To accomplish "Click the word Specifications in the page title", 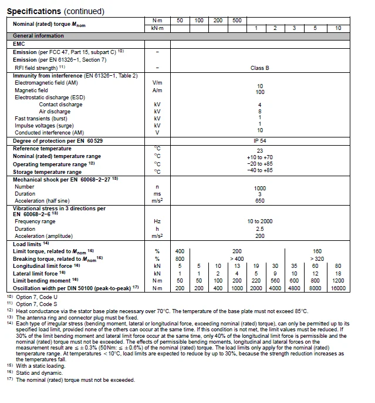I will click(33, 11).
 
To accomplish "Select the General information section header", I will click(39, 36).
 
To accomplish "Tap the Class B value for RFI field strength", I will click(259, 68).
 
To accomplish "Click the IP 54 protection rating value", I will click(259, 142).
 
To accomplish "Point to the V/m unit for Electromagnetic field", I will click(157, 83).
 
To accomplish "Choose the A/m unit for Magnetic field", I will click(157, 90).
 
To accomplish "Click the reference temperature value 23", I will click(259, 150).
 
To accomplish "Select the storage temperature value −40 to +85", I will click(259, 170).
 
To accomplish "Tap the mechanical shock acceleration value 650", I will click(259, 201).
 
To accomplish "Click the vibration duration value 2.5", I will click(259, 229).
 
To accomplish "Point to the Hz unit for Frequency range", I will click(157, 221).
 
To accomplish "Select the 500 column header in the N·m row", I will click(237, 21).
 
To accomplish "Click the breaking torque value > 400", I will click(237, 258).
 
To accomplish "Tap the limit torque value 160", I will click(317, 251).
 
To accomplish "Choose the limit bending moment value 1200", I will click(338, 281).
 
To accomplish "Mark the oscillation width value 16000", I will click(338, 288).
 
